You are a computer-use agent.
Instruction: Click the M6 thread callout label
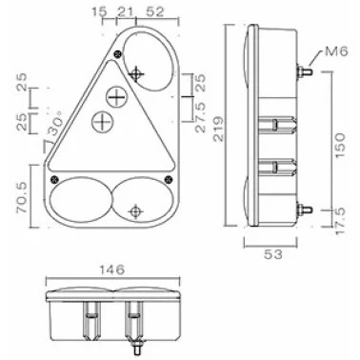[x=336, y=51]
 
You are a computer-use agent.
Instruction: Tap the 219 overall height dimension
[x=219, y=129]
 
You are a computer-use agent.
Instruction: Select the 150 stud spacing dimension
[x=339, y=146]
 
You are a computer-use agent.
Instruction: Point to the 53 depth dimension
[x=273, y=254]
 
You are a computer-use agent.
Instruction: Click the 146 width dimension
[x=112, y=270]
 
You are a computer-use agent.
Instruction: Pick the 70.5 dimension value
[x=24, y=199]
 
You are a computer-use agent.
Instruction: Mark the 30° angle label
[x=54, y=126]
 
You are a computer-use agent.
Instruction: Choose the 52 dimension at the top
[x=155, y=12]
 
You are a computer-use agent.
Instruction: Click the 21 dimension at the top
[x=125, y=12]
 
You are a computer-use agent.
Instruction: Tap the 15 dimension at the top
[x=99, y=12]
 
